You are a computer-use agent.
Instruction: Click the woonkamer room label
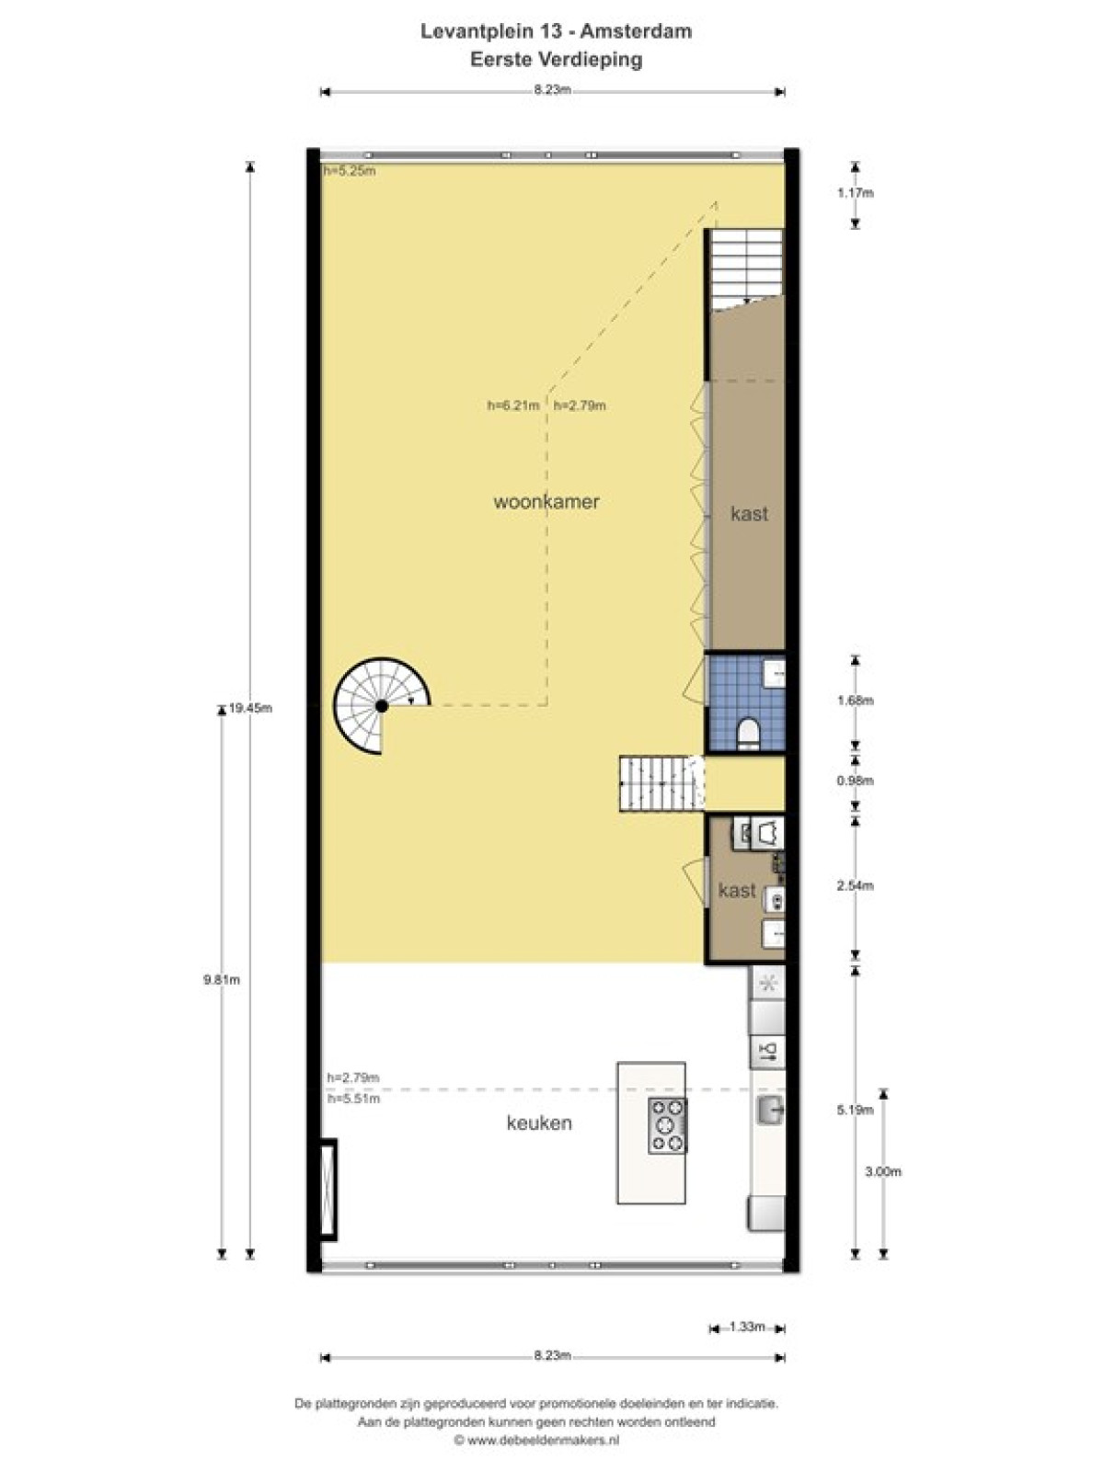tap(546, 501)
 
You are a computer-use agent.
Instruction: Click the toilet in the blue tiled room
tap(747, 733)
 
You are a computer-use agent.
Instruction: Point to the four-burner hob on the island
tap(667, 1125)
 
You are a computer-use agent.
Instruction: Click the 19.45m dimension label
tap(250, 708)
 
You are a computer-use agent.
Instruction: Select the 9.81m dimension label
tap(222, 980)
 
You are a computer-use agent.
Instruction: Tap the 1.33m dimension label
tap(747, 1327)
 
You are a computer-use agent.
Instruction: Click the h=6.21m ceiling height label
tap(513, 405)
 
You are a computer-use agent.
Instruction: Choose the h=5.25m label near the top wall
tap(350, 170)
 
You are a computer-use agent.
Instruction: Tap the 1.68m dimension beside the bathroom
tap(856, 701)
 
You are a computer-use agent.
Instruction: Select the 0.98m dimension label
tap(856, 780)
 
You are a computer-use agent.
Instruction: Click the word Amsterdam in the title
tap(636, 31)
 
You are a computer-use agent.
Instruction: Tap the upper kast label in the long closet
tap(749, 514)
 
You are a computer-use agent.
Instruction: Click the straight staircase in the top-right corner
tap(746, 270)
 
